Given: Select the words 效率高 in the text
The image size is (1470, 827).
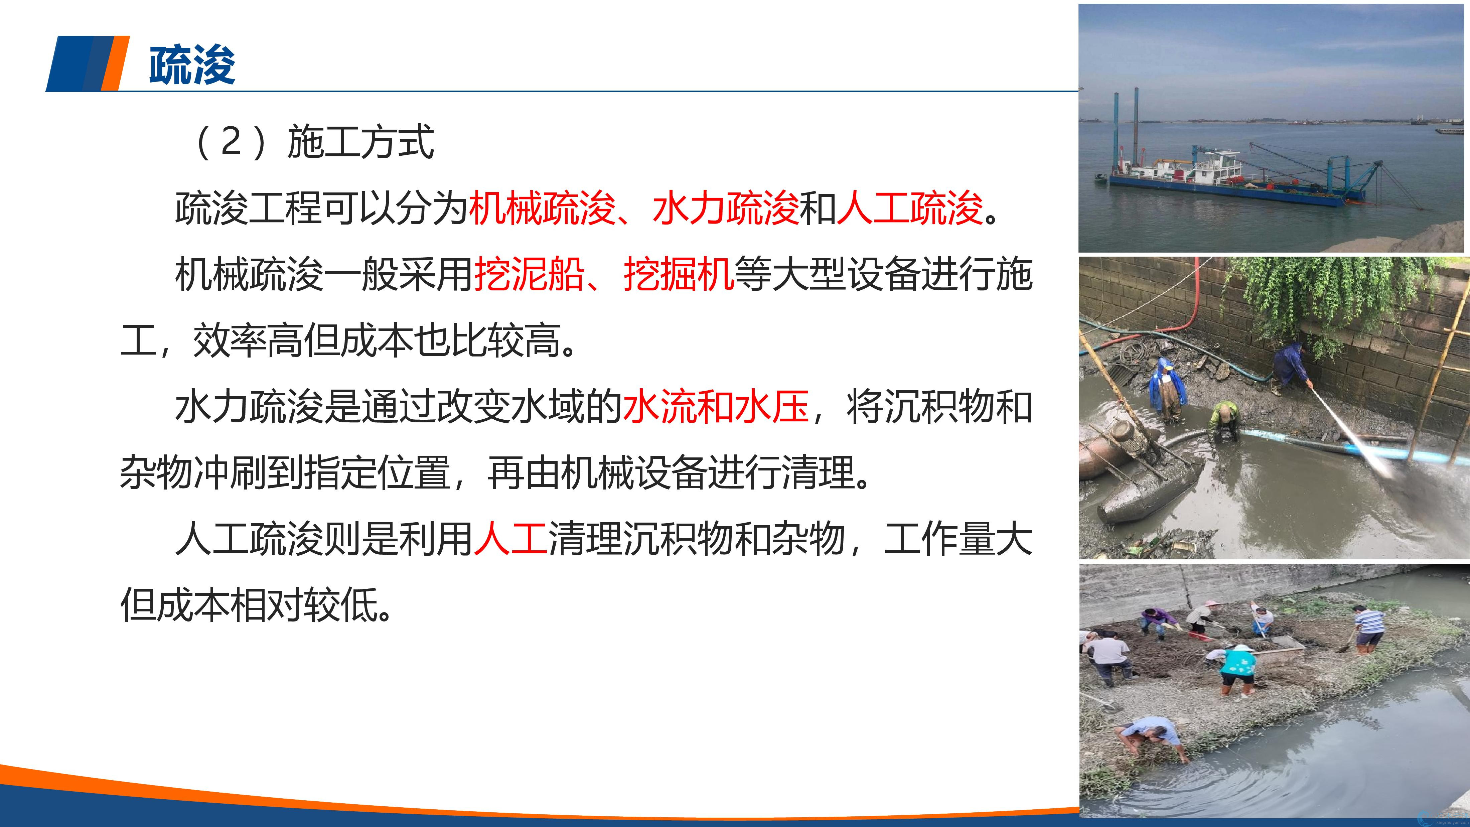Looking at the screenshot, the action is pyautogui.click(x=248, y=341).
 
